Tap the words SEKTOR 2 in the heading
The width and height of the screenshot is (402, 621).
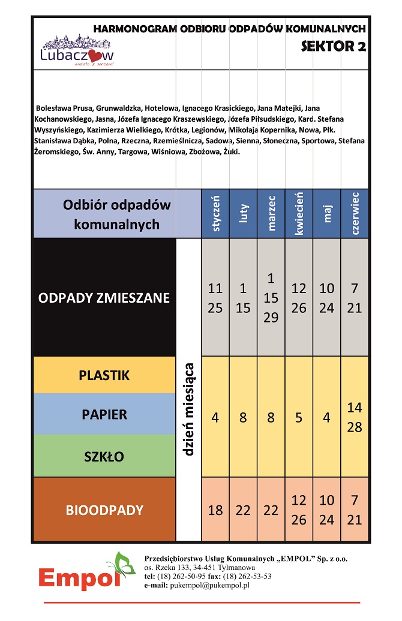tap(333, 47)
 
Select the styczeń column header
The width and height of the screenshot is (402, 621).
tap(215, 214)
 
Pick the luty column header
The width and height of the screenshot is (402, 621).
tap(243, 214)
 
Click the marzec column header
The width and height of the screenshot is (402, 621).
tap(271, 214)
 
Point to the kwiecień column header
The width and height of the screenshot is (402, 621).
tap(299, 214)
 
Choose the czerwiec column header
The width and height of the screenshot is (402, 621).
tap(355, 214)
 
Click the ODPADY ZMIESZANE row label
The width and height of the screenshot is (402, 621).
tap(104, 298)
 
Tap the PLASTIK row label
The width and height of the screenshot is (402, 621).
tap(104, 375)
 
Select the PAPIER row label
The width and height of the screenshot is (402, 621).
tap(104, 414)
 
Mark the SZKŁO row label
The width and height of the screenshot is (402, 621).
tap(104, 457)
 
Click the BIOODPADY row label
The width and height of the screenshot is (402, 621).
tap(104, 511)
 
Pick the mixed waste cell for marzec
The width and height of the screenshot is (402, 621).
tap(271, 298)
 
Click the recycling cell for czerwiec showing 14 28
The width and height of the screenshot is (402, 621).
tap(355, 417)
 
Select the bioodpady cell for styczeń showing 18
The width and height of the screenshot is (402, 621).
tap(215, 511)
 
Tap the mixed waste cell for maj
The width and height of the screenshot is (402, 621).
tap(326, 298)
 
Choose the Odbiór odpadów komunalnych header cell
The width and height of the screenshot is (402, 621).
tap(116, 214)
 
